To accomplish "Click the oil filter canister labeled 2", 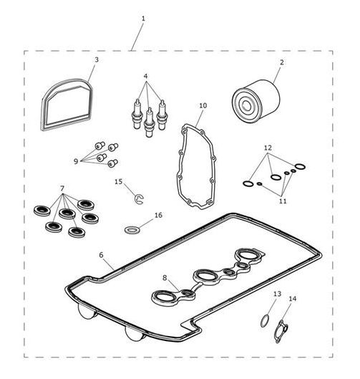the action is (256, 101).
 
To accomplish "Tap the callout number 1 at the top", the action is (143, 19).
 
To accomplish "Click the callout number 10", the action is (203, 105).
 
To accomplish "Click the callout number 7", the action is (62, 188).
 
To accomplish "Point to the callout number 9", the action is (76, 161).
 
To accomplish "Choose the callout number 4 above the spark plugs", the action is (145, 76).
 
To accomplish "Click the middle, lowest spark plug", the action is (149, 123).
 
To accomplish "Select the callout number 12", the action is (268, 148).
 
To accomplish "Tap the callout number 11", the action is (283, 201).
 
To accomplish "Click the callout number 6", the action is (101, 255).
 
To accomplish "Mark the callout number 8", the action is (165, 278).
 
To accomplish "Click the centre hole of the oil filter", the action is (246, 105).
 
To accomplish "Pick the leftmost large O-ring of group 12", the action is (248, 183).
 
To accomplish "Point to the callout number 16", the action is (158, 215).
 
